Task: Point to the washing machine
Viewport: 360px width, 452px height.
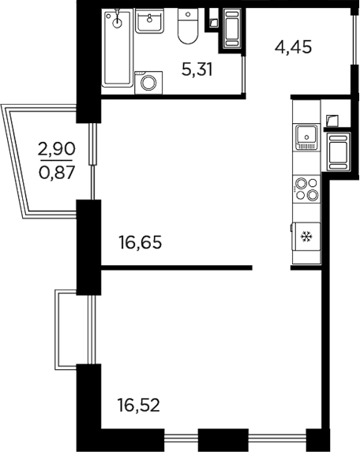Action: pyautogui.click(x=148, y=82)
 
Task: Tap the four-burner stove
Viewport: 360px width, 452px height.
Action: pyautogui.click(x=306, y=190)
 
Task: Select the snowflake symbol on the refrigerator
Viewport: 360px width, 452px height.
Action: pyautogui.click(x=306, y=236)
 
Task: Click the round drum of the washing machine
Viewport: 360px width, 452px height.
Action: pyautogui.click(x=148, y=83)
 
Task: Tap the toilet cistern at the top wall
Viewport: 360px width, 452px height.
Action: pyautogui.click(x=188, y=14)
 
